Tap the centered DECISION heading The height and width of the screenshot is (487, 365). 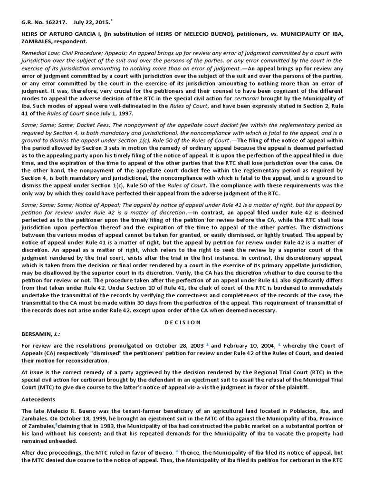(x=182, y=322)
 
